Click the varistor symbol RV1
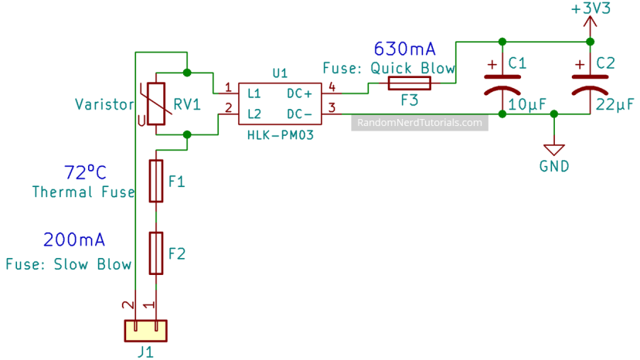pyautogui.click(x=156, y=104)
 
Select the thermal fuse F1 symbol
pyautogui.click(x=156, y=181)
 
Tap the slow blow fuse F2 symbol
pyautogui.click(x=156, y=253)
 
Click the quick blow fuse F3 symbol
pyautogui.click(x=408, y=83)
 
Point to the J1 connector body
pyautogui.click(x=145, y=330)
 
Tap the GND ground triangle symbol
pyautogui.click(x=554, y=148)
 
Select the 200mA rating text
pyautogui.click(x=74, y=239)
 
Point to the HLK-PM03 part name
pyautogui.click(x=279, y=134)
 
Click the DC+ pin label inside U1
pyautogui.click(x=299, y=93)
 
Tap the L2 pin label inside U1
pyautogui.click(x=254, y=113)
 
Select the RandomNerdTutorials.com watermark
pyautogui.click(x=420, y=123)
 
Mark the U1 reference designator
pyautogui.click(x=280, y=73)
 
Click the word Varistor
pyautogui.click(x=105, y=104)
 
